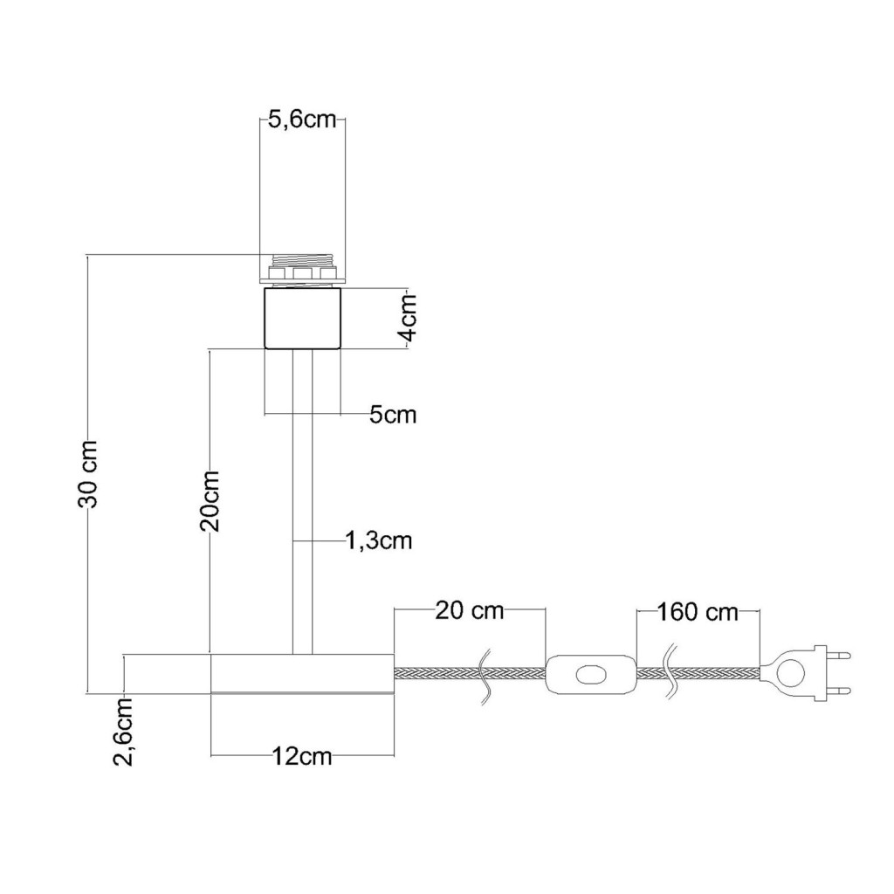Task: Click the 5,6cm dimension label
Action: click(x=302, y=120)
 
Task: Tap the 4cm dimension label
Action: click(x=409, y=318)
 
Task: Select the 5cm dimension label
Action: click(x=393, y=415)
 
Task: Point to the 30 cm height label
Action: click(x=88, y=474)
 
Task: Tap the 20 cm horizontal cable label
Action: click(x=470, y=610)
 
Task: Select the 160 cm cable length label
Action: click(x=698, y=612)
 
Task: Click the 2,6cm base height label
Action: click(x=123, y=732)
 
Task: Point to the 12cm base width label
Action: click(x=301, y=757)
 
